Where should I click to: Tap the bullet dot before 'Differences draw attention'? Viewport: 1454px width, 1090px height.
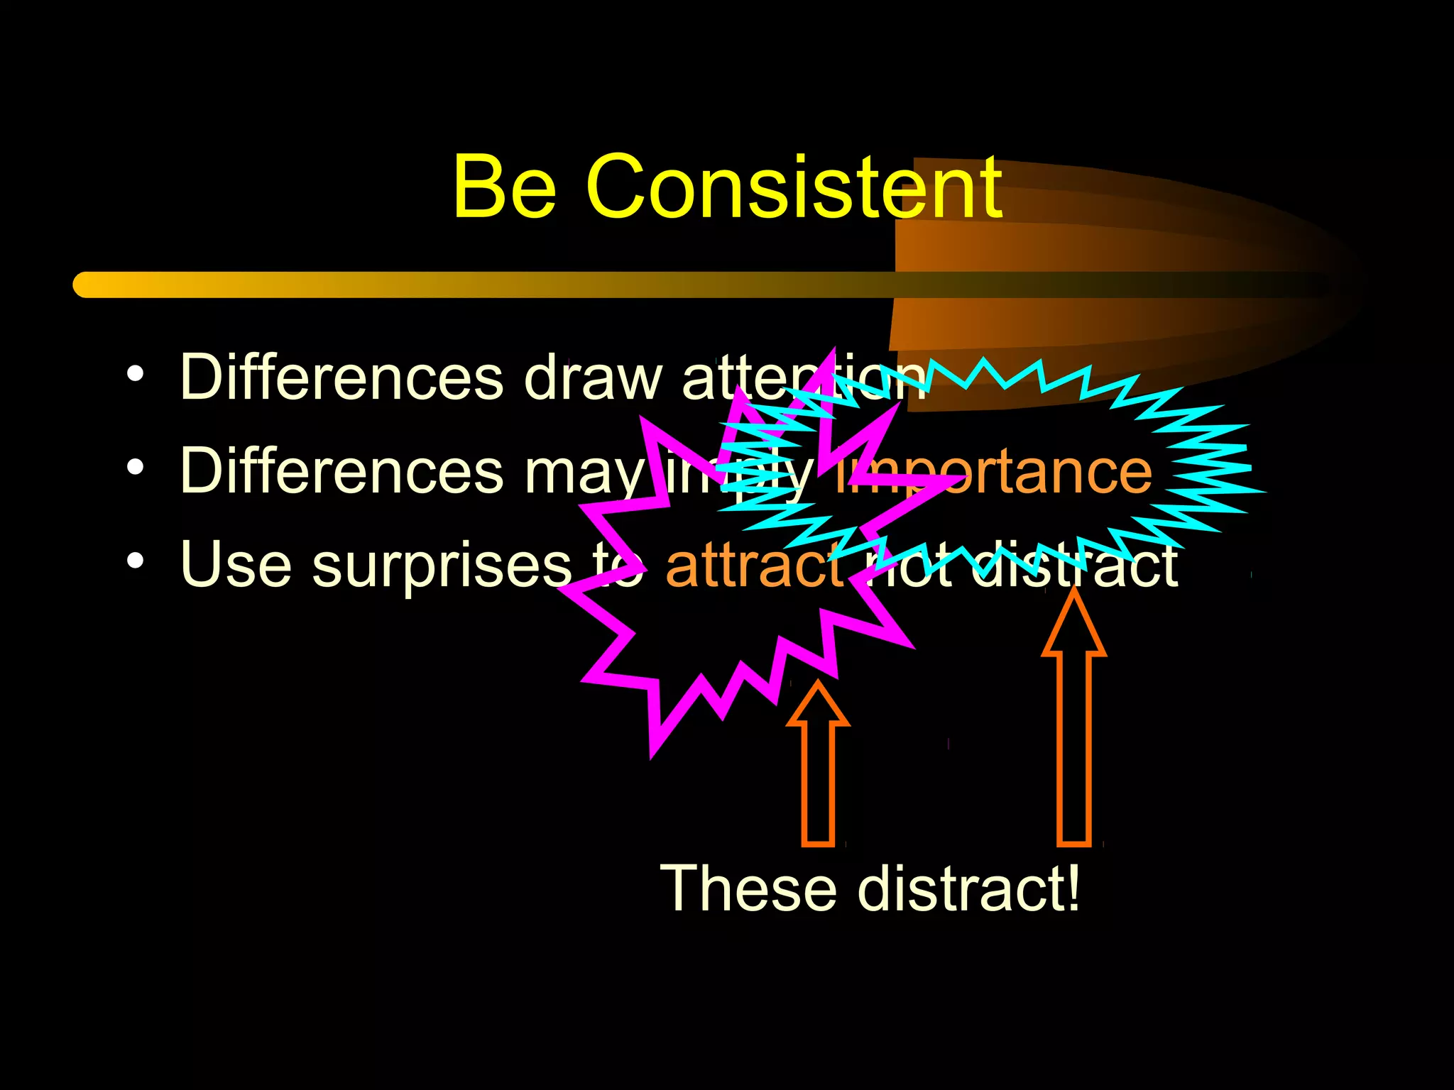135,373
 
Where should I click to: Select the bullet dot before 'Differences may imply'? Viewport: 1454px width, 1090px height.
135,468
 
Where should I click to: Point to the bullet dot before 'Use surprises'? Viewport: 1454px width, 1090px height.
135,561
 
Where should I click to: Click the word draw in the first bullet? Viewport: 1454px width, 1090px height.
592,378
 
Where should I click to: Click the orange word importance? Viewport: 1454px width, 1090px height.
994,472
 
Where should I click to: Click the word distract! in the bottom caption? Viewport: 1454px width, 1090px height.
968,888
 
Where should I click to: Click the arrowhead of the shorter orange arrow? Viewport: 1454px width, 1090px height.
818,706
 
